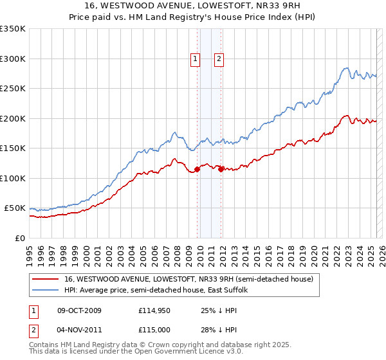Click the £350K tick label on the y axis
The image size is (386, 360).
click(13, 29)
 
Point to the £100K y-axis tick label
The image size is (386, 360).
click(13, 178)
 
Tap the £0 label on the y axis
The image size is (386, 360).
click(20, 238)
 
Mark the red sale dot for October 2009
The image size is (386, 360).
click(197, 170)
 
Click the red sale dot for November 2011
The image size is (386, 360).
click(221, 170)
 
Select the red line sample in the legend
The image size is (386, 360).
click(45, 280)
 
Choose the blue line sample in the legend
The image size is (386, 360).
click(45, 291)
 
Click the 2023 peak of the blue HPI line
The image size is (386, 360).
click(346, 67)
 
